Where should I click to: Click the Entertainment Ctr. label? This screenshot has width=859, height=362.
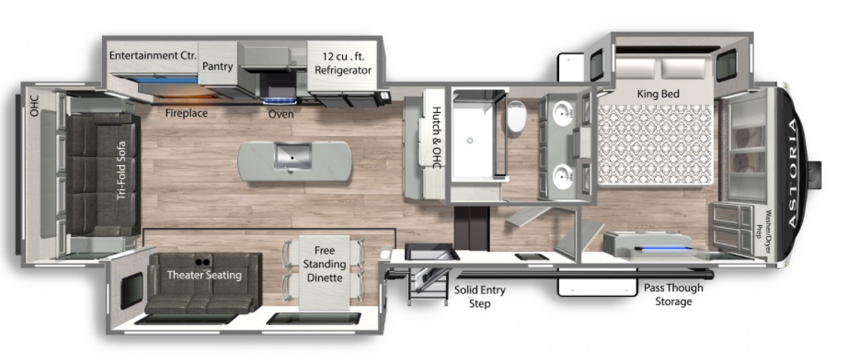[x=154, y=56]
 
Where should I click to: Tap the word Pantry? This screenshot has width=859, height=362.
[x=217, y=67]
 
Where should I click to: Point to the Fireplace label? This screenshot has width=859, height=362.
[x=186, y=114]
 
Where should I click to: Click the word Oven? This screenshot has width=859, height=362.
[x=281, y=114]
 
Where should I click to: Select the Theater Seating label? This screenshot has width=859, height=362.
[x=204, y=275]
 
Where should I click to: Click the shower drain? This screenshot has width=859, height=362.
[x=470, y=141]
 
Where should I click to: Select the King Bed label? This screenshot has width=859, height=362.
[x=658, y=93]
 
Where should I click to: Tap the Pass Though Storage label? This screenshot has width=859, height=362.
[x=673, y=295]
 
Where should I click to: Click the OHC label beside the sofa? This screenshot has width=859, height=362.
[x=35, y=107]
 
